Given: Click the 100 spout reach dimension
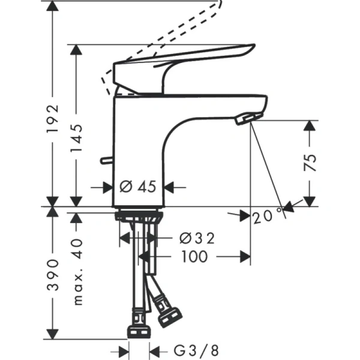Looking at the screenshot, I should (193, 257).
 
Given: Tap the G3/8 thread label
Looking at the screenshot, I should (188, 349).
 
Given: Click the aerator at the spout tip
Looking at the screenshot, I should (248, 118).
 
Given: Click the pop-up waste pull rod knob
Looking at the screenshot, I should (104, 161).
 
